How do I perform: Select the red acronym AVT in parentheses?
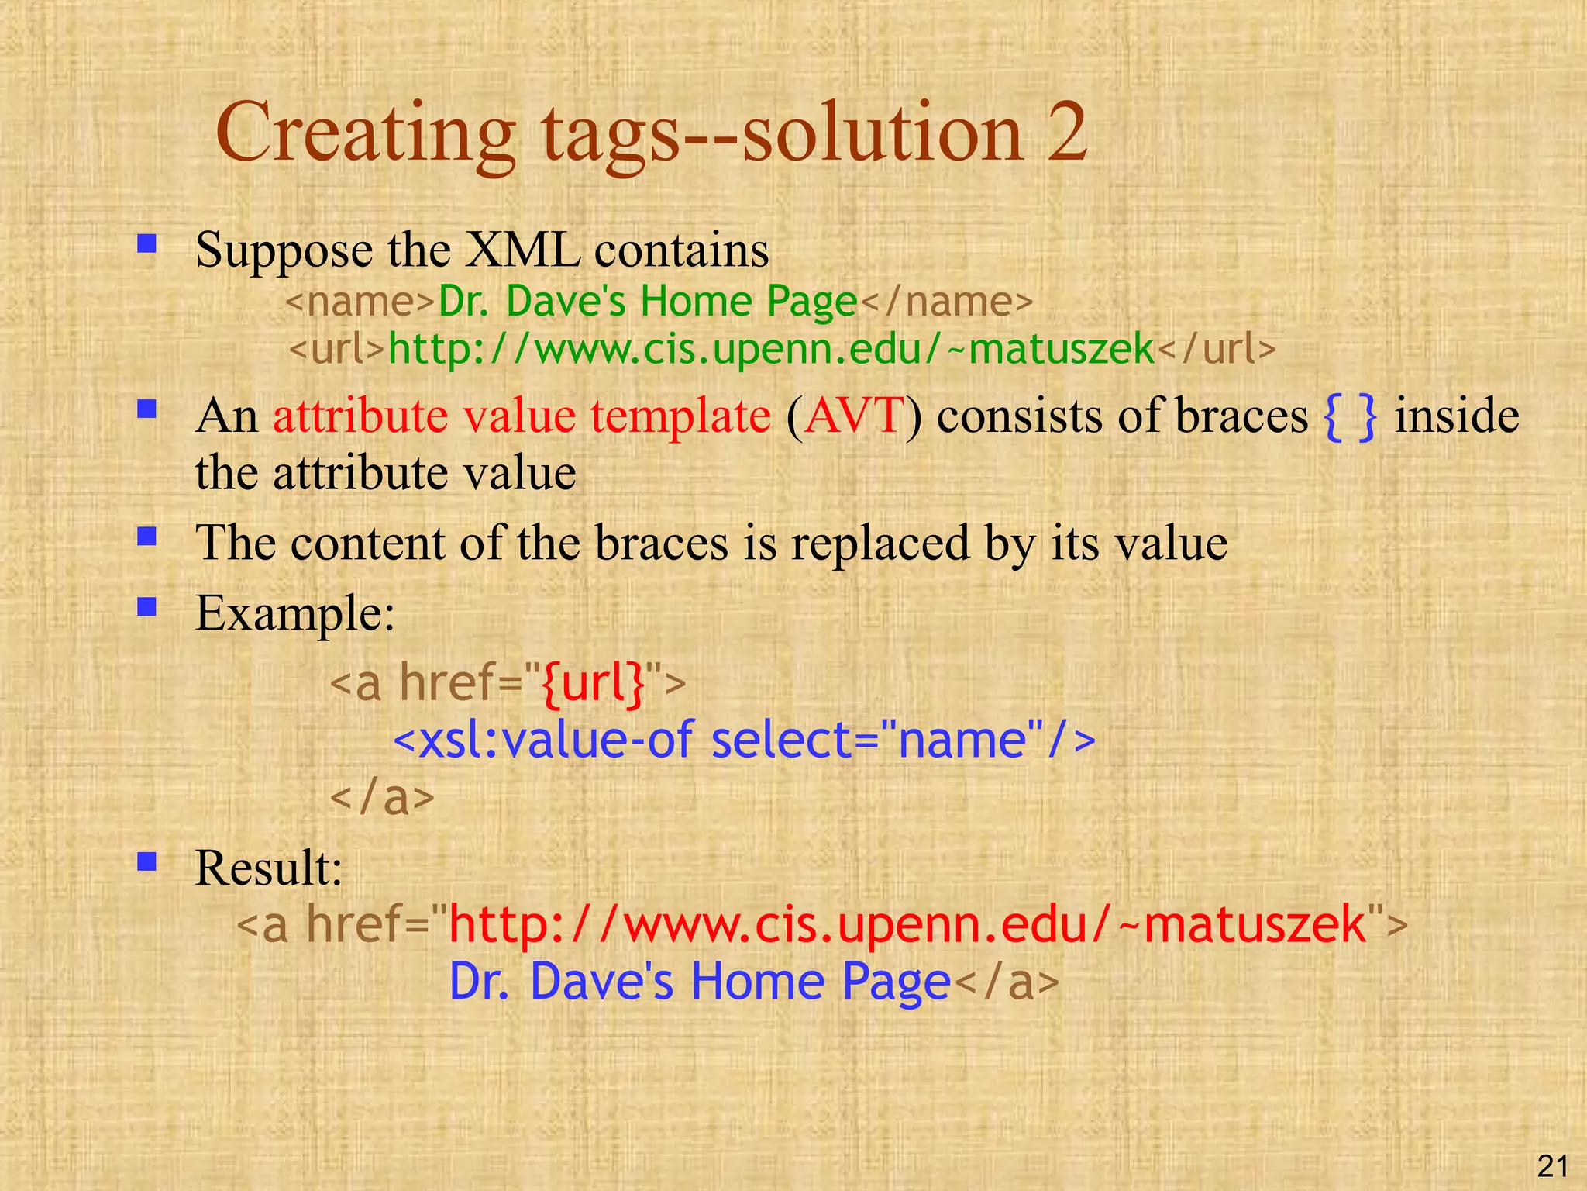[854, 416]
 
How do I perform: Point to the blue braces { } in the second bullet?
[1351, 417]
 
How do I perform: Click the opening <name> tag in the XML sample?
[360, 301]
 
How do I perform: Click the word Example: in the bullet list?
[295, 613]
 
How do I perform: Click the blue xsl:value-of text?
[554, 740]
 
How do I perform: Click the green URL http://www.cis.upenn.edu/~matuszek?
[771, 349]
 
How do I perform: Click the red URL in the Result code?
[907, 924]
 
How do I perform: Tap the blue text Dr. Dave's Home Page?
[699, 982]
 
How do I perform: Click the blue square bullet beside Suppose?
[146, 245]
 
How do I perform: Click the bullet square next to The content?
[146, 537]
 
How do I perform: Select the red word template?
[680, 416]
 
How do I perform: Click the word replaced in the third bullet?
[880, 543]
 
